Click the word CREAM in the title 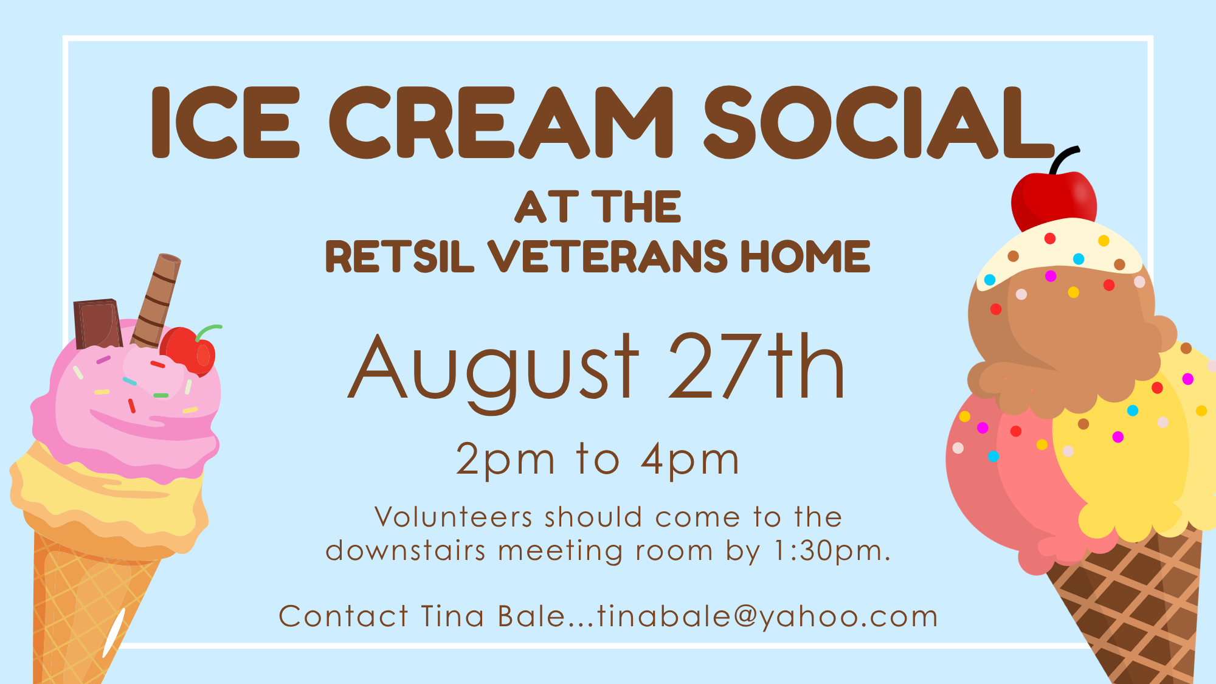[x=502, y=122]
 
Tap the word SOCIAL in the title [x=879, y=122]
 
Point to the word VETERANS [x=607, y=256]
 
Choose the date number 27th [x=756, y=366]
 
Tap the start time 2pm [x=505, y=460]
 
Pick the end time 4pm [x=691, y=460]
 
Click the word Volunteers [x=454, y=517]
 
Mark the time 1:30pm [x=832, y=551]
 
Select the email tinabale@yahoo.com [x=768, y=617]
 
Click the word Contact [x=344, y=616]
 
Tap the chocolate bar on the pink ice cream [x=97, y=323]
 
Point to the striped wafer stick [x=156, y=301]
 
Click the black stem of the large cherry [x=1063, y=160]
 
